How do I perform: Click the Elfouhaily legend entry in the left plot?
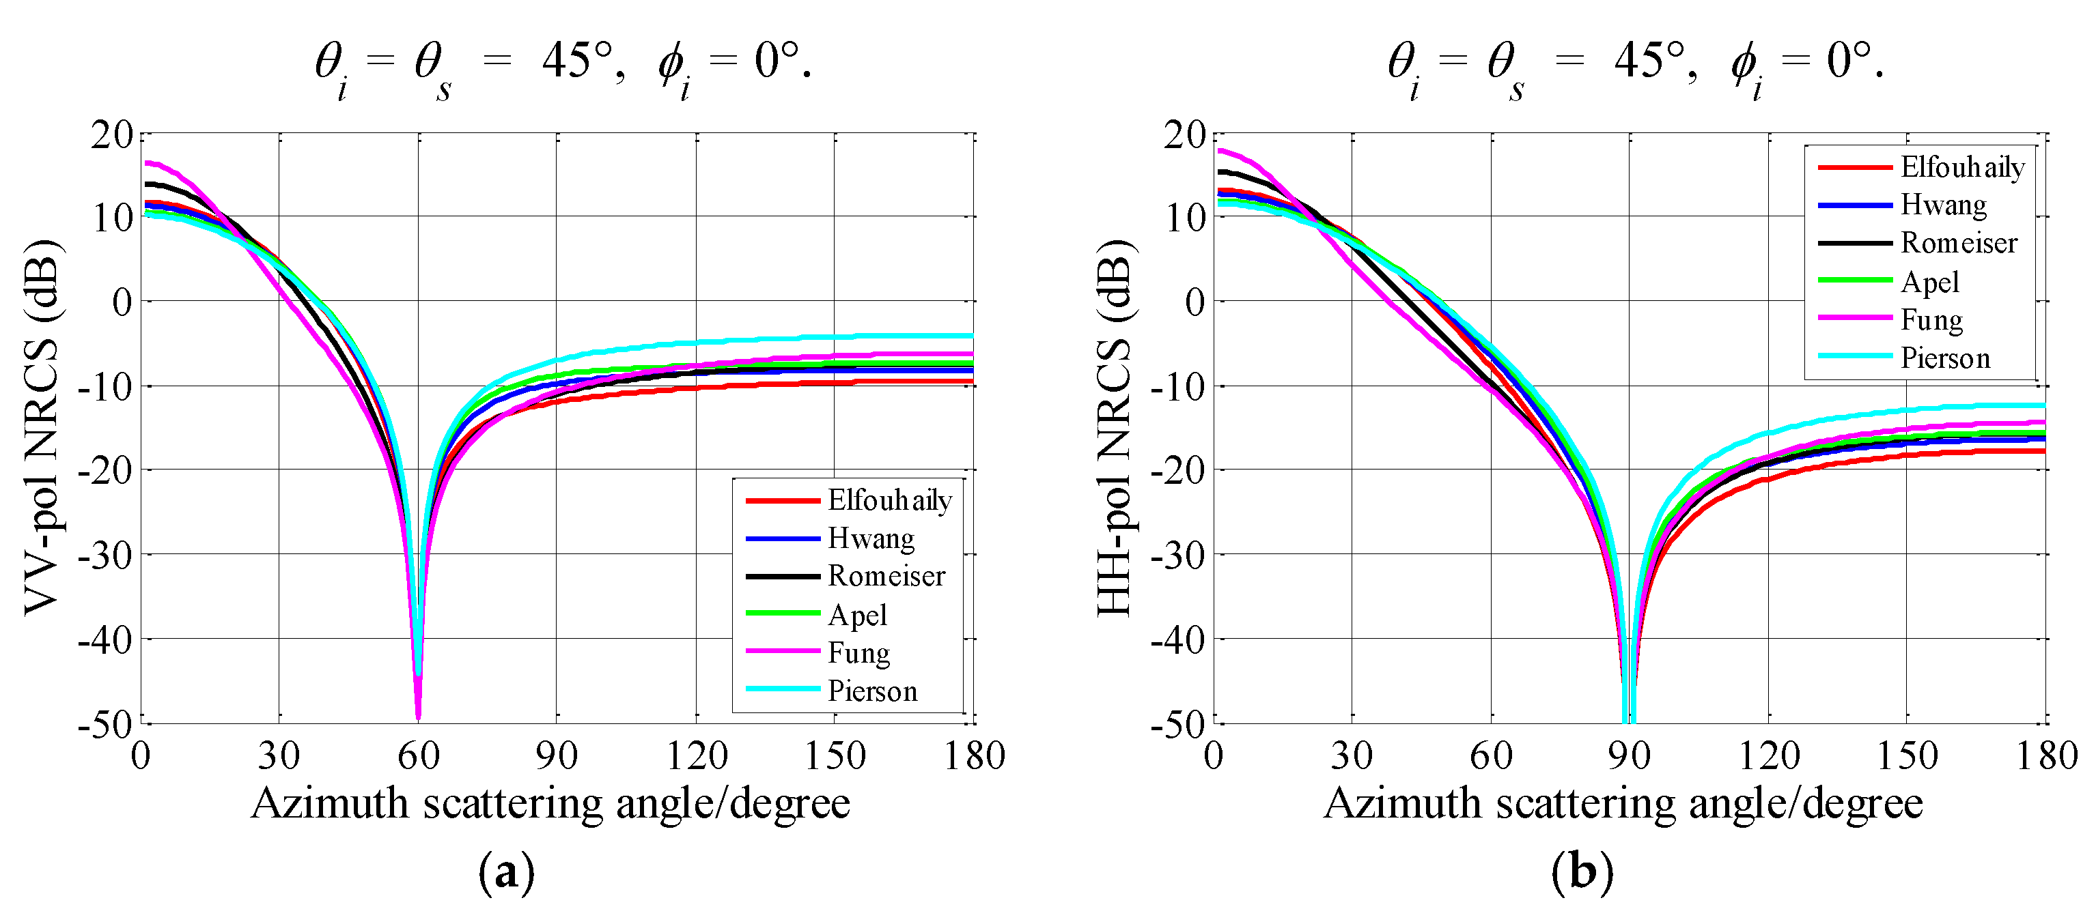889,500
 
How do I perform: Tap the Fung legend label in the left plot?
858,652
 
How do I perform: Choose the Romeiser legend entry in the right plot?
1959,242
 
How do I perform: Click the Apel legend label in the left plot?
857,615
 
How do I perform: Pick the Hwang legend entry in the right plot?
1943,204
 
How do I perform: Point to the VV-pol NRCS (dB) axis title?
41,427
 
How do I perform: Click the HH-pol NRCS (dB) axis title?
1113,427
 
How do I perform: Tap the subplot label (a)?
506,873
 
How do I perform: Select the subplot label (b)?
1581,873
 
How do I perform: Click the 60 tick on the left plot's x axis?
418,755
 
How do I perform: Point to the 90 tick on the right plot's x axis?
1629,755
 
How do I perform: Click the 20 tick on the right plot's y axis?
1184,134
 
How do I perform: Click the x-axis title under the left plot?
550,804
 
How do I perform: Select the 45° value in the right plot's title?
1649,60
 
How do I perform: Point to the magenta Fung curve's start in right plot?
1220,149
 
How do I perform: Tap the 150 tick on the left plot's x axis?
834,755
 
